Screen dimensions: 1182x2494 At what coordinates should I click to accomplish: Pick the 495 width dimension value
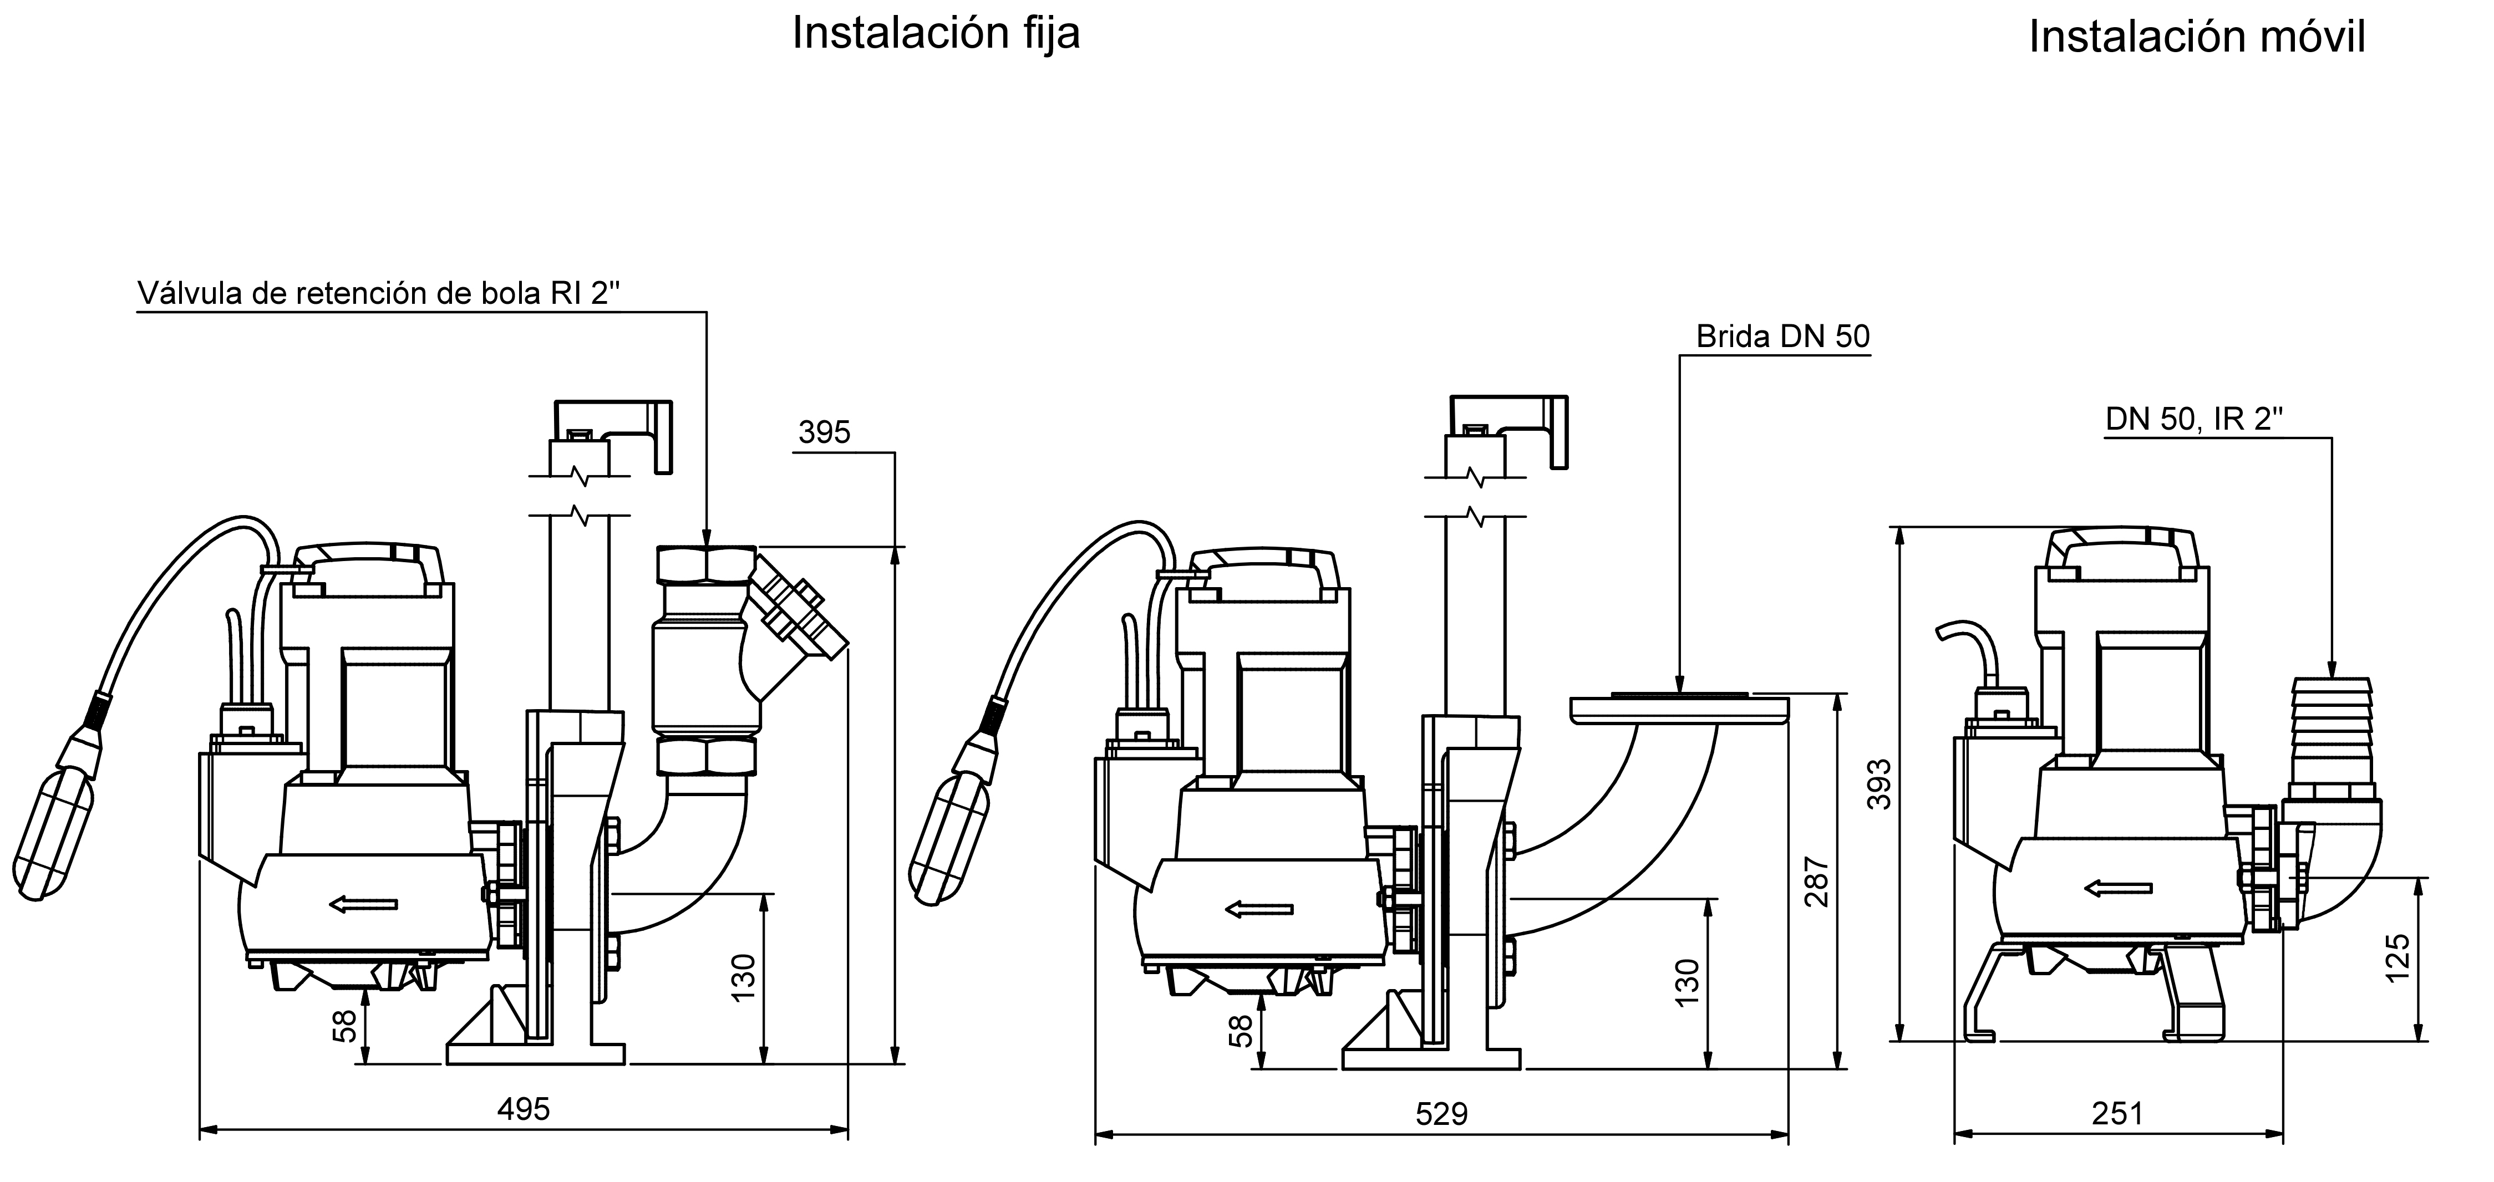coord(523,1108)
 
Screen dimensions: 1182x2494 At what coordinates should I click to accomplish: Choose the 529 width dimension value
coord(1441,1114)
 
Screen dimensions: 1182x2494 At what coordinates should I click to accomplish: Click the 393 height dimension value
coord(1878,784)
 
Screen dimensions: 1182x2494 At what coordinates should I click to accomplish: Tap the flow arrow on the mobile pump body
coord(2119,886)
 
